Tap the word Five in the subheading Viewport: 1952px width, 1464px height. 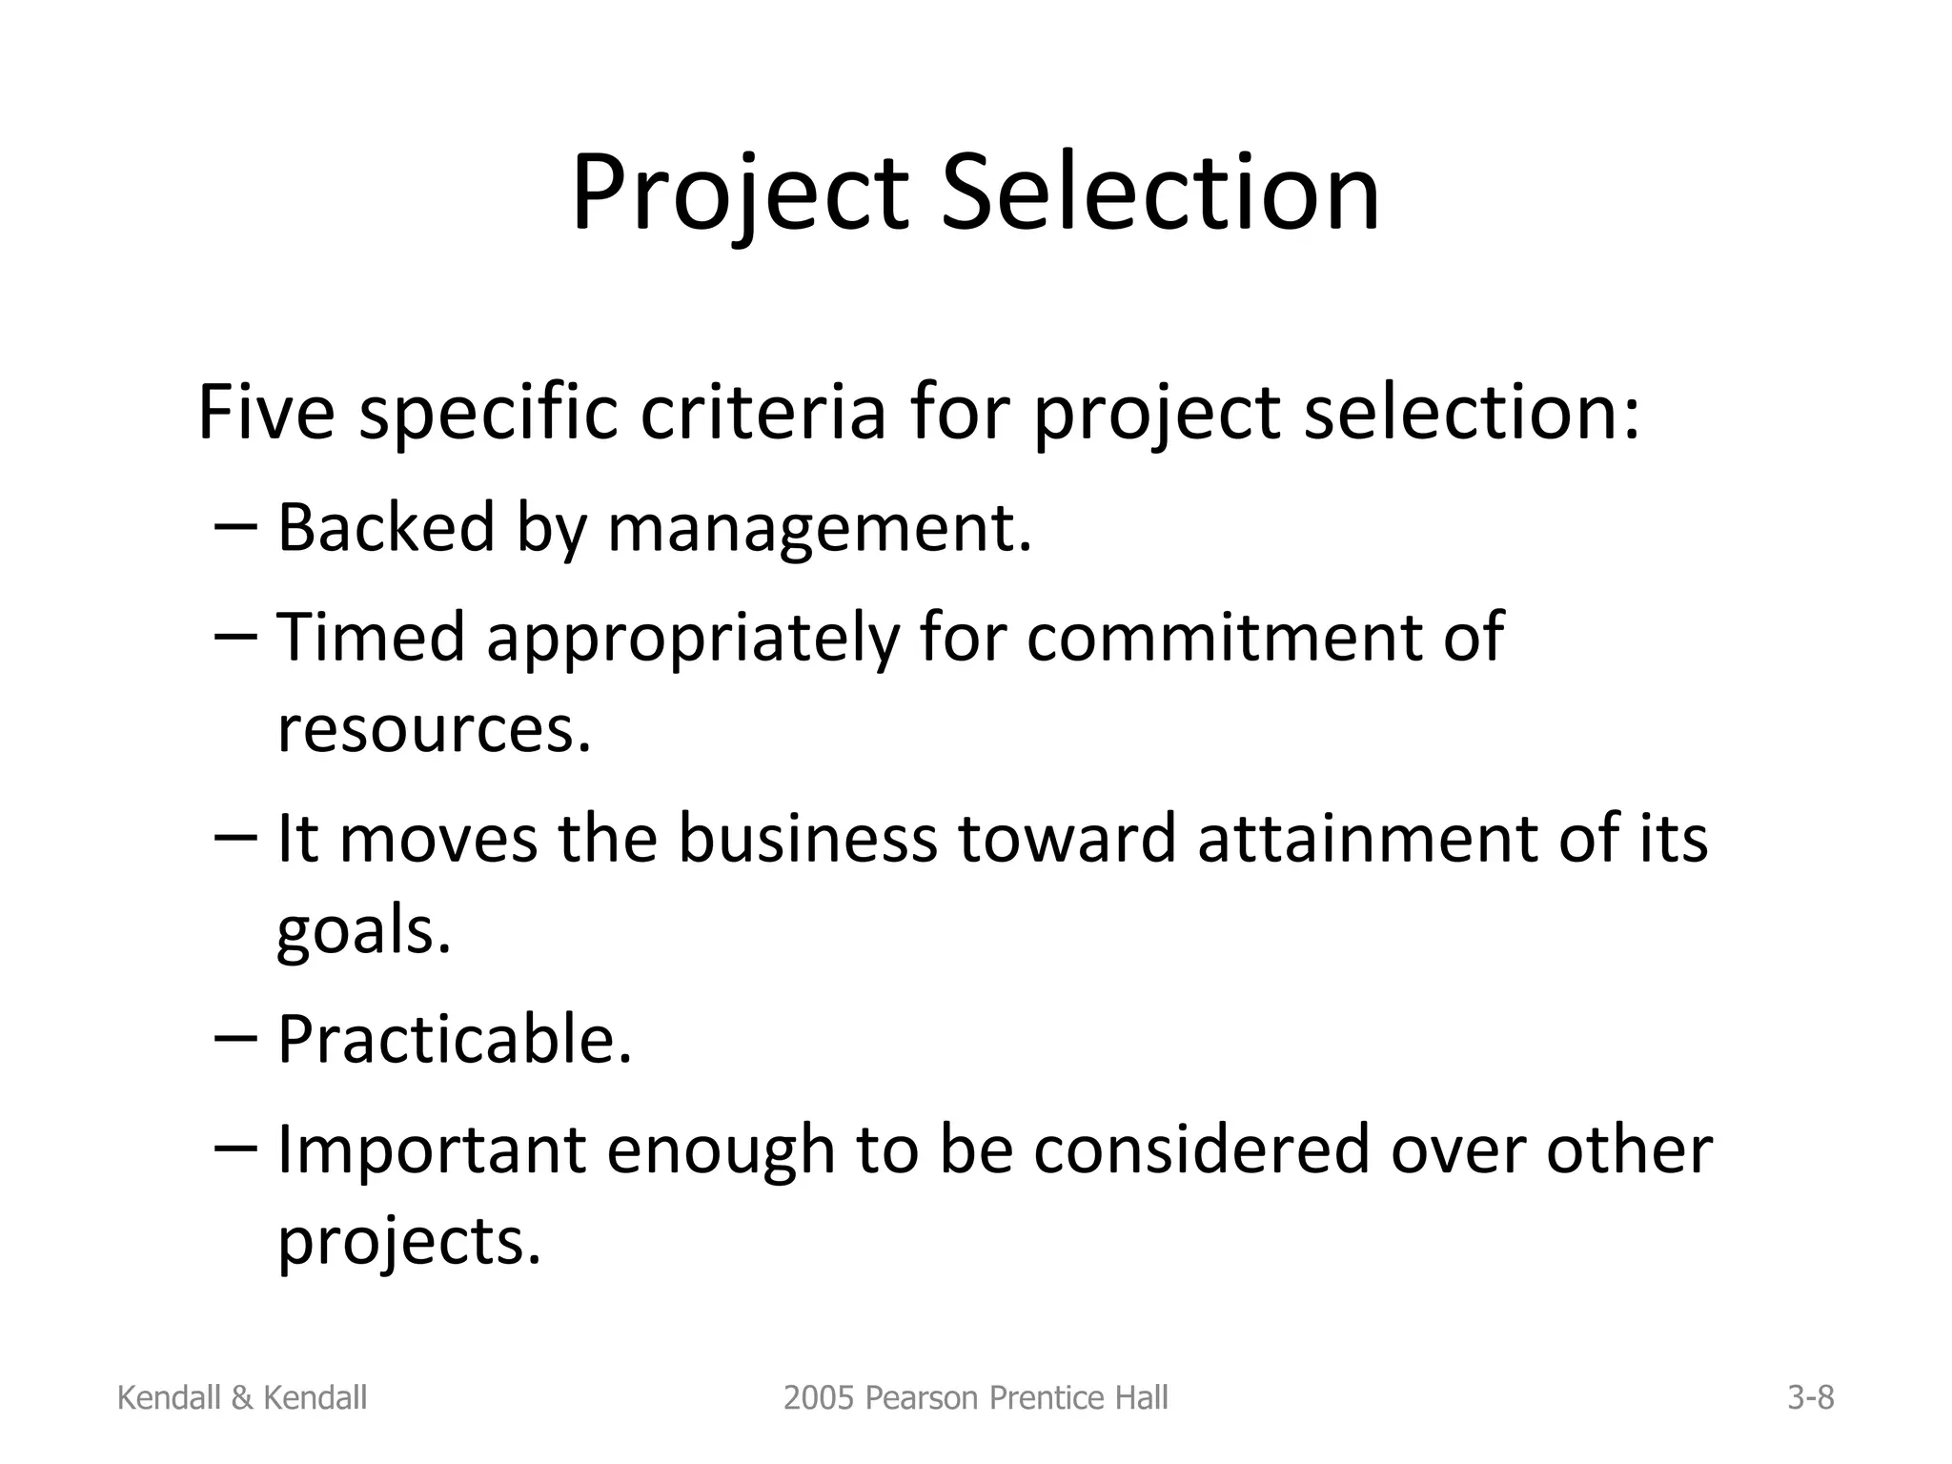tap(266, 412)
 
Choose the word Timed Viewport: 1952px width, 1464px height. tap(370, 637)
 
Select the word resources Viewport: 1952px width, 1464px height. tap(434, 728)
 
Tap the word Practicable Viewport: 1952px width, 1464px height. tap(455, 1039)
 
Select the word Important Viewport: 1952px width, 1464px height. tap(431, 1149)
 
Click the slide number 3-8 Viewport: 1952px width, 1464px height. tap(1810, 1398)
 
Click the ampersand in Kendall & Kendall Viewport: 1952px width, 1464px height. tap(241, 1398)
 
